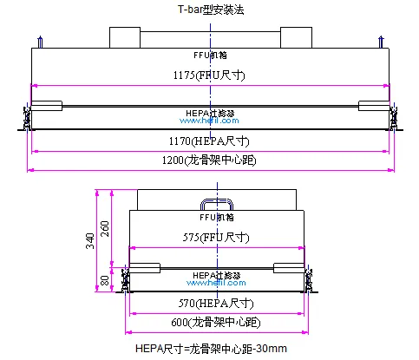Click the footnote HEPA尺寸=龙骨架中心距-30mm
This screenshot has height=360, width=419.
click(x=212, y=348)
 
